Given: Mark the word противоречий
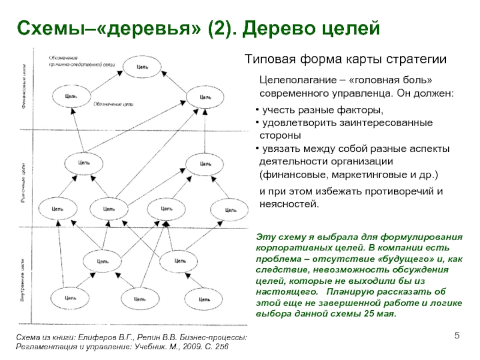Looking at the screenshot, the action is [x=388, y=191].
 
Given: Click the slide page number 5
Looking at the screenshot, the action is [x=456, y=334].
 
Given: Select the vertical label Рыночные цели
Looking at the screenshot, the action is [x=23, y=180].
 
